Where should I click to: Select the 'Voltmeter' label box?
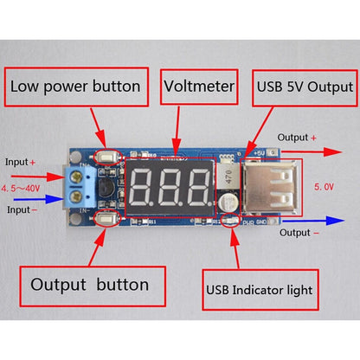click(200, 87)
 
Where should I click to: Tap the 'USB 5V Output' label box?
click(305, 87)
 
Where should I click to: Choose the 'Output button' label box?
click(89, 284)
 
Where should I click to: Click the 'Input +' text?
click(20, 162)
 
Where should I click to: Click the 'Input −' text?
click(20, 209)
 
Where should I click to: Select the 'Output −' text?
click(298, 232)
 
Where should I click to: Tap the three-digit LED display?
click(169, 183)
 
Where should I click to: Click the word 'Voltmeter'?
click(200, 87)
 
